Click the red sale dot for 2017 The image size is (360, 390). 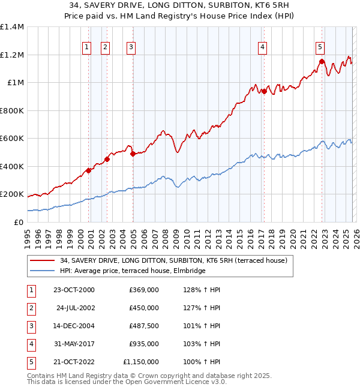click(263, 91)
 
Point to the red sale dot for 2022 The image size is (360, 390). click(322, 61)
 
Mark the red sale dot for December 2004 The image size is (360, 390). click(133, 154)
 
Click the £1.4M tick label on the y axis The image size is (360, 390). click(12, 27)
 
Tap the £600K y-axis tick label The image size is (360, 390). click(12, 139)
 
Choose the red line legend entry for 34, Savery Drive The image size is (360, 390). click(174, 260)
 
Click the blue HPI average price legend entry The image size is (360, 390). click(133, 271)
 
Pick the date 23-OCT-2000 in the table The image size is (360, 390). click(74, 290)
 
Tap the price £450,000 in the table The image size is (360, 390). click(144, 308)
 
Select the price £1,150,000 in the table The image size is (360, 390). click(141, 362)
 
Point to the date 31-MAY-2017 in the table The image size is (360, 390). click(74, 344)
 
